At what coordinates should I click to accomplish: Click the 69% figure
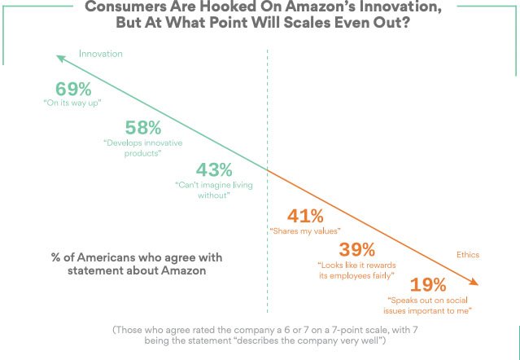[x=73, y=90]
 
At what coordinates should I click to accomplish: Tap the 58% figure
[x=143, y=128]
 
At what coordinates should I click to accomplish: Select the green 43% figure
[x=215, y=170]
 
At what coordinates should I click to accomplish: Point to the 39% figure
[x=356, y=249]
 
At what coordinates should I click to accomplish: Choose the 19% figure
[x=428, y=285]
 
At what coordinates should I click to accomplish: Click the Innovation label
[x=100, y=54]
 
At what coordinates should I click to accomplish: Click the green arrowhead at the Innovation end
[x=57, y=56]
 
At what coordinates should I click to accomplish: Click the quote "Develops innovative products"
[x=143, y=147]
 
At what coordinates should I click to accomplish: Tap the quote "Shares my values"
[x=304, y=232]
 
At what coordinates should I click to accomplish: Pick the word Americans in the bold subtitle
[x=103, y=257]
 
